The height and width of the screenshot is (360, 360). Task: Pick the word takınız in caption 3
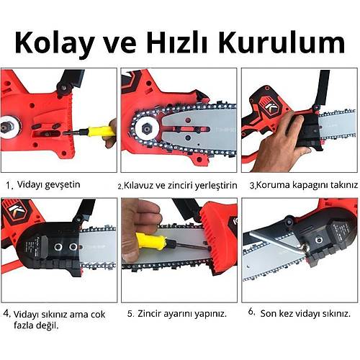click(x=338, y=186)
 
